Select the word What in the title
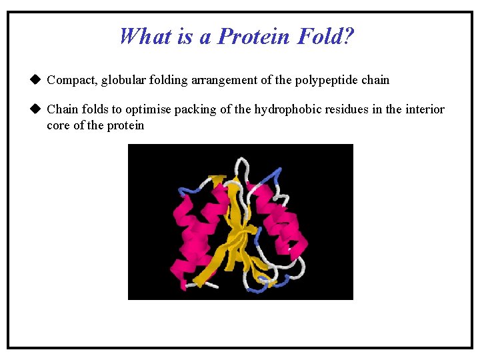point(146,36)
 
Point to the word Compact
point(72,80)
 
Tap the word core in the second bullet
point(57,125)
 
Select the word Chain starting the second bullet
point(62,109)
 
